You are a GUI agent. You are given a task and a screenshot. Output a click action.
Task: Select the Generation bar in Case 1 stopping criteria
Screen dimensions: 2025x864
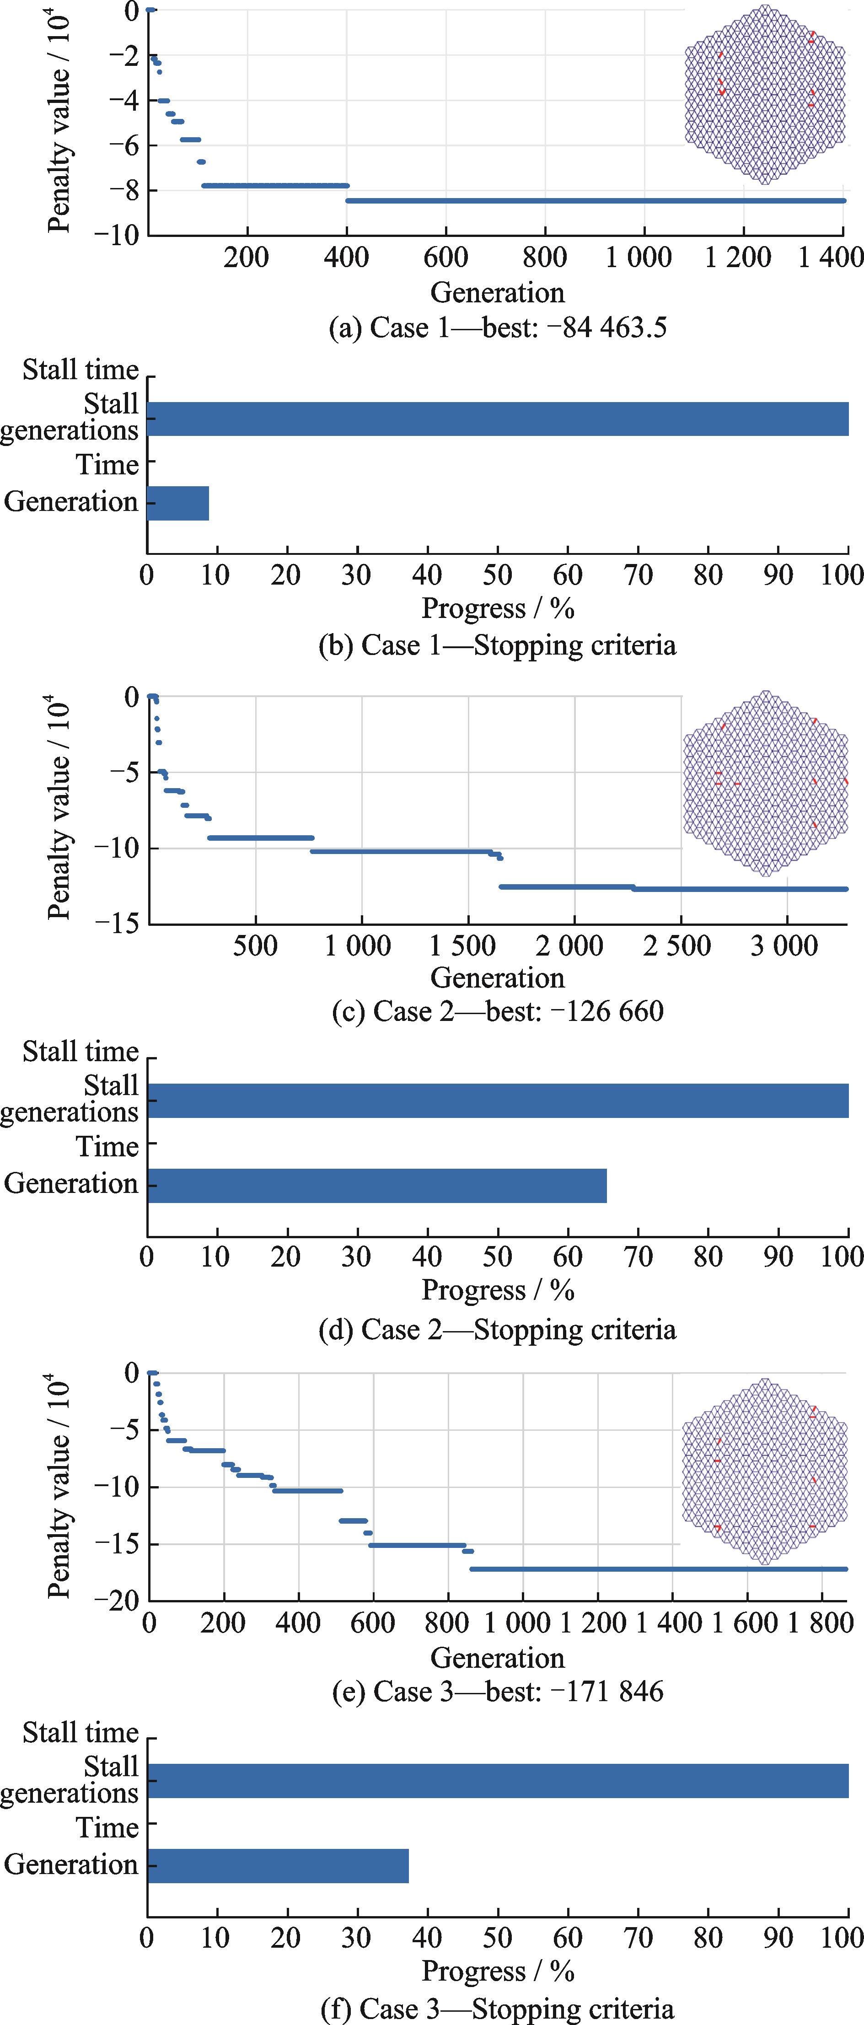click(177, 503)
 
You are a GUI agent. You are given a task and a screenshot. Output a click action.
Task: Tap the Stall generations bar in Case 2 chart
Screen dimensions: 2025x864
click(498, 1101)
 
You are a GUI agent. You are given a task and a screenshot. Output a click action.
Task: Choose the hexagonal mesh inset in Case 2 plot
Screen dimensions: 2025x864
click(765, 784)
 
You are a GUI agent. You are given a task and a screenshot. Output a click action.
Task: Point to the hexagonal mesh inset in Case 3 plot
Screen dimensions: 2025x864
click(764, 1472)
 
